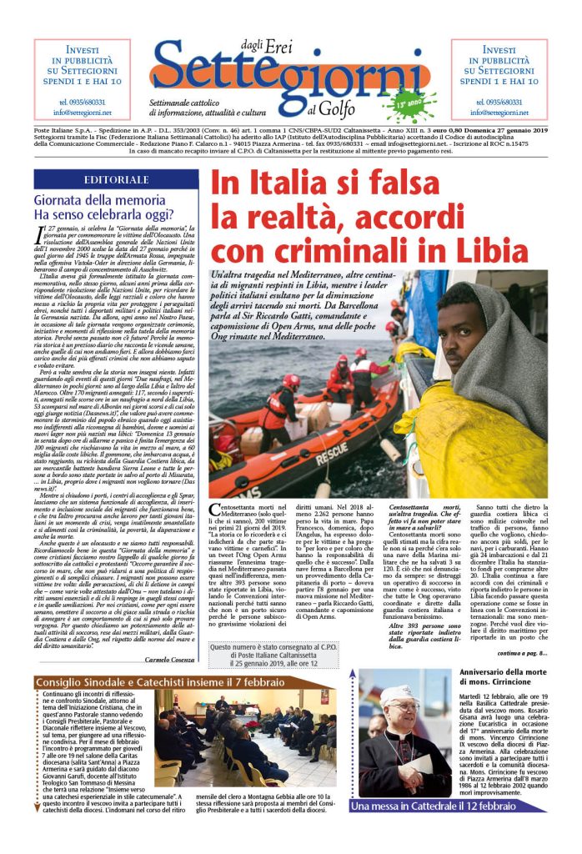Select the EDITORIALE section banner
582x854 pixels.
tap(117, 179)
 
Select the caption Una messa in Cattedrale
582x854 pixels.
tap(434, 806)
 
